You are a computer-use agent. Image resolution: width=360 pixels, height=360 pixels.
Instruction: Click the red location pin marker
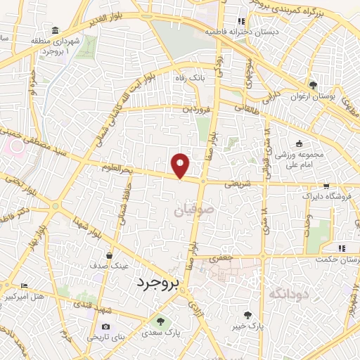tap(181, 165)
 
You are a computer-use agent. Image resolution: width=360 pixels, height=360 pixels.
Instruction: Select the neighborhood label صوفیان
tap(191, 210)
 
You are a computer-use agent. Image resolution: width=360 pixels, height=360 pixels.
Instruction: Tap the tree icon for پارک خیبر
tap(247, 315)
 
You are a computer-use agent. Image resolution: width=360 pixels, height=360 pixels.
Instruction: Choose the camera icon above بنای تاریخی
tap(105, 326)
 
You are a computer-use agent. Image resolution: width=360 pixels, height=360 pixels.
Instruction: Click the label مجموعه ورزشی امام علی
tap(298, 158)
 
